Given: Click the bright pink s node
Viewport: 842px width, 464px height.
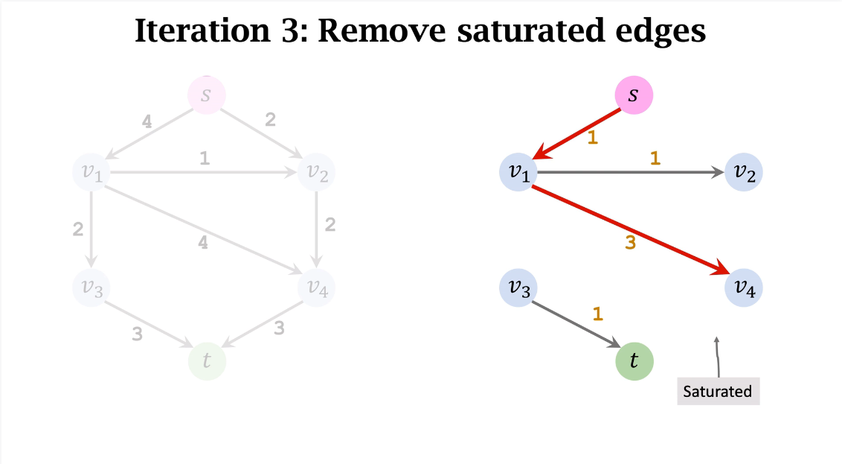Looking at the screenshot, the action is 633,96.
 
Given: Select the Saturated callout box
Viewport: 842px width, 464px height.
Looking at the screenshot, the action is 718,391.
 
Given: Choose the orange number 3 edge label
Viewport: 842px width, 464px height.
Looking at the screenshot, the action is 630,243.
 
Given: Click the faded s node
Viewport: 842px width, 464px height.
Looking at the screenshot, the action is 206,95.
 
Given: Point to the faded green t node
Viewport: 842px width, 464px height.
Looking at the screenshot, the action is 207,361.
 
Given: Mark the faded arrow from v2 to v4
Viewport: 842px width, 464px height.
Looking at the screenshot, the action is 317,227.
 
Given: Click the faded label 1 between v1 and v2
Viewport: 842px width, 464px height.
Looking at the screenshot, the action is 204,158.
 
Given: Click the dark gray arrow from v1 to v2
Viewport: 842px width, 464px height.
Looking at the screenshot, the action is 629,173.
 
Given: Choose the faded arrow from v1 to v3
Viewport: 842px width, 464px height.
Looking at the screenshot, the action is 91,227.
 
